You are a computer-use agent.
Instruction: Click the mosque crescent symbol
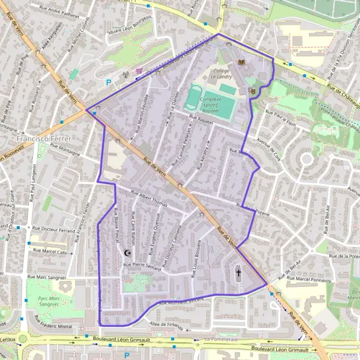click(x=127, y=253)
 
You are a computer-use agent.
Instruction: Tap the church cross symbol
click(x=238, y=273)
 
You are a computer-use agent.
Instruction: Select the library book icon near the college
click(x=242, y=62)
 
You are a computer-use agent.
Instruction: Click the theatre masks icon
click(x=252, y=91)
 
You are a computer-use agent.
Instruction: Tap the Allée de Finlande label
click(x=167, y=326)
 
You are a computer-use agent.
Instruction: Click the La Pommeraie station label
click(x=221, y=339)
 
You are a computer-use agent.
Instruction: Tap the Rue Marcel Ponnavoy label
click(x=308, y=278)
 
